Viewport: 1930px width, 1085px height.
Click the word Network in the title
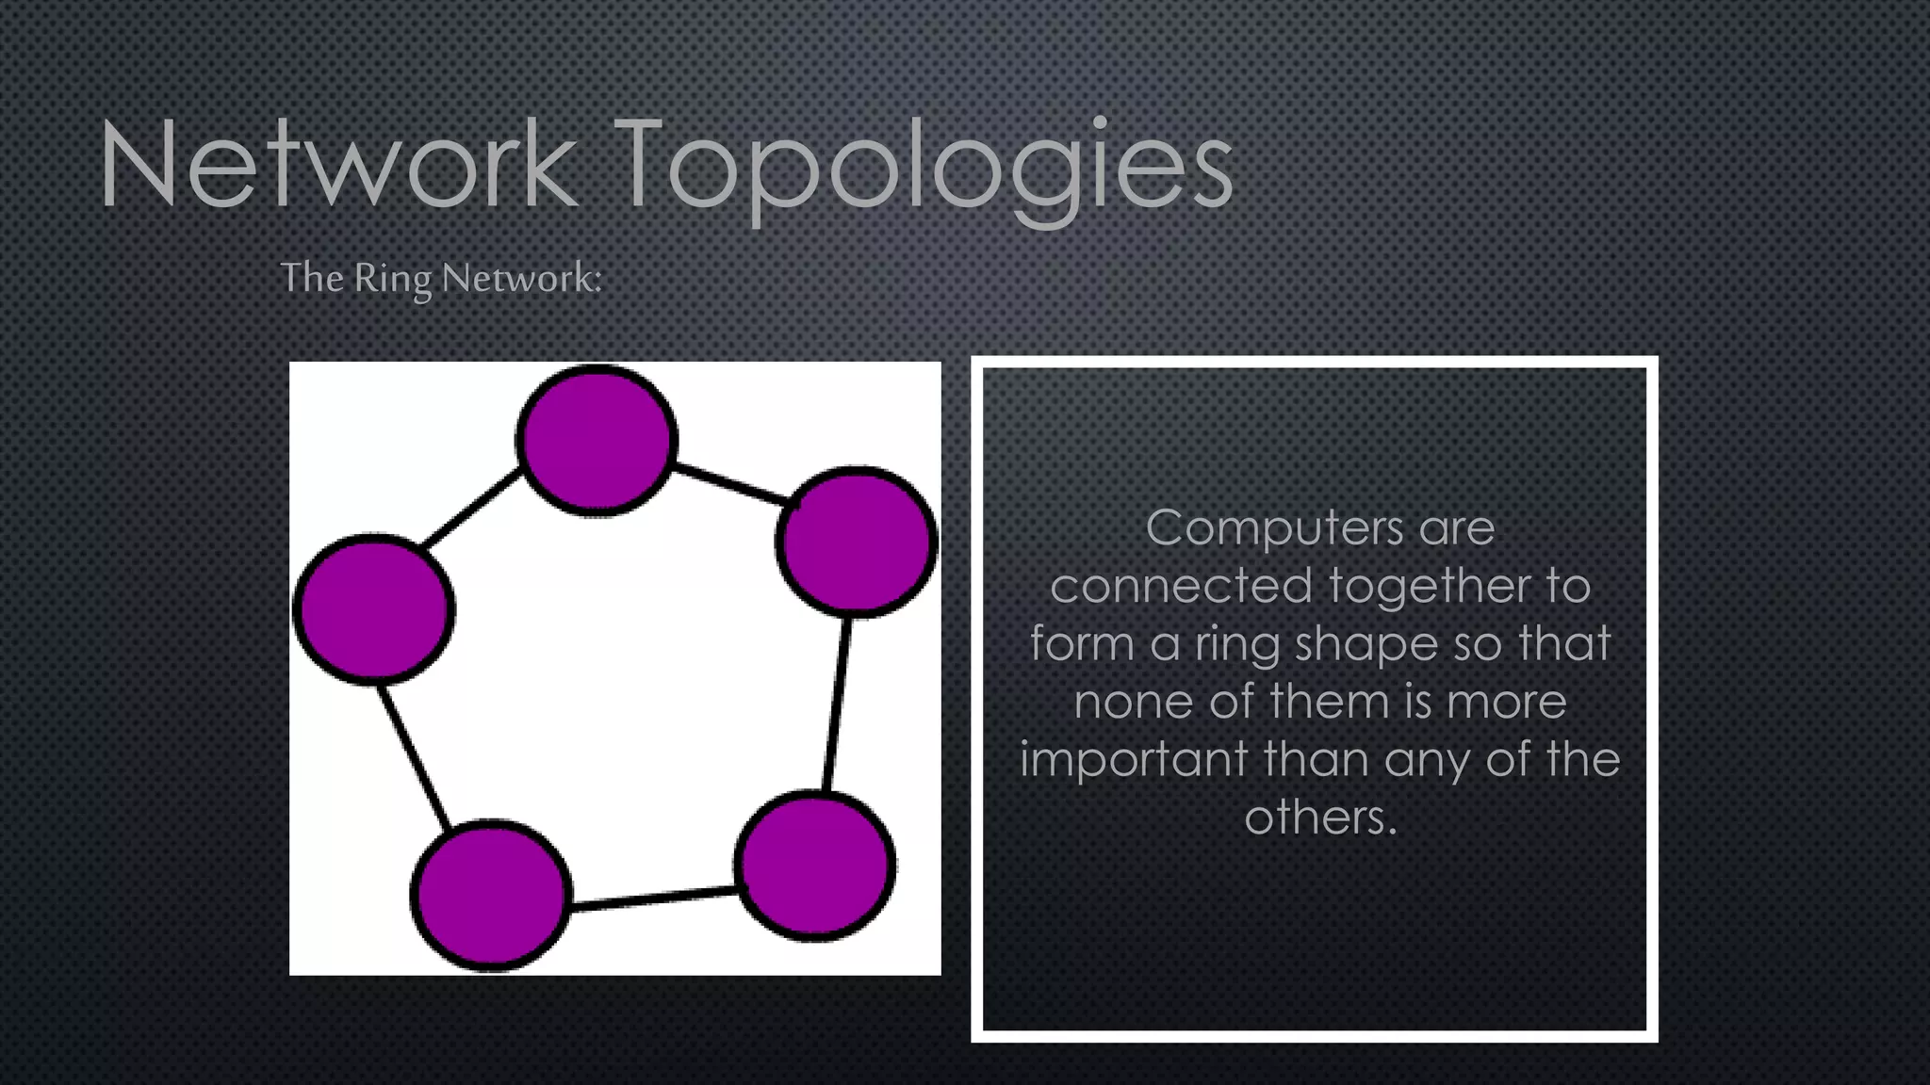pyautogui.click(x=337, y=164)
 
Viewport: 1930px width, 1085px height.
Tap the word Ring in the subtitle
pyautogui.click(x=392, y=278)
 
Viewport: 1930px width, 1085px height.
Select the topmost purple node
pyautogui.click(x=597, y=440)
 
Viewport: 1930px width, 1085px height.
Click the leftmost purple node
pyautogui.click(x=374, y=607)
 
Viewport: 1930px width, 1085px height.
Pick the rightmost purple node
pyautogui.click(x=857, y=542)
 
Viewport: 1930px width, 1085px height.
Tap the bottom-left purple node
pyautogui.click(x=491, y=895)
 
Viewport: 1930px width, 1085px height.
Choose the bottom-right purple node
pyautogui.click(x=815, y=866)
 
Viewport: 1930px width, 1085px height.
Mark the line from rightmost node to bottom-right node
pyautogui.click(x=837, y=704)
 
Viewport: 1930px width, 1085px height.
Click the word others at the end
pyautogui.click(x=1318, y=817)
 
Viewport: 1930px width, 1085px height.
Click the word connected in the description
pyautogui.click(x=1181, y=586)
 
